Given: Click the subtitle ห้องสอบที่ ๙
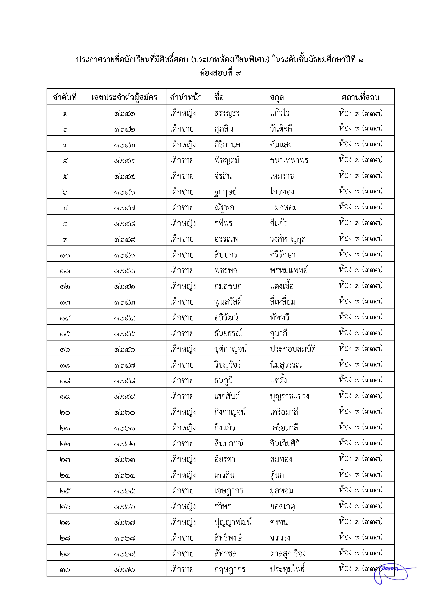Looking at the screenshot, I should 220,73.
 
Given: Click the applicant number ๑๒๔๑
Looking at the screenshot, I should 124,113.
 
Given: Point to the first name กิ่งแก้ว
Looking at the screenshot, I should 224,428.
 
